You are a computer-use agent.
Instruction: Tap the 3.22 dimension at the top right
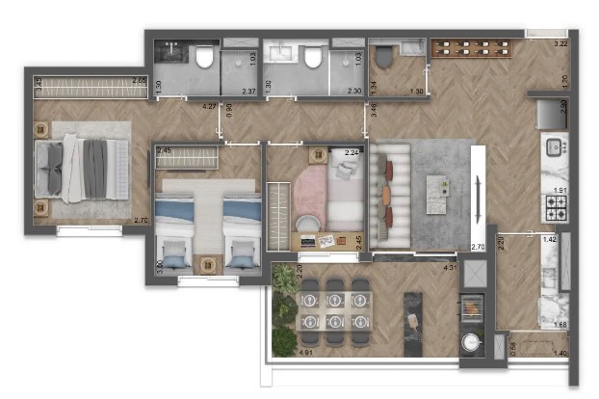[x=560, y=43]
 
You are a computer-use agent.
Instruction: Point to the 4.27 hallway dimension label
[x=208, y=105]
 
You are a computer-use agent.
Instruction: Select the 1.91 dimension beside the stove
[x=560, y=190]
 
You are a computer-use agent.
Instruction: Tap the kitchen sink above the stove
[x=557, y=148]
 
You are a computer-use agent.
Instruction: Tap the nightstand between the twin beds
[x=208, y=262]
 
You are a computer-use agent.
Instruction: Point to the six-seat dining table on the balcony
[x=335, y=312]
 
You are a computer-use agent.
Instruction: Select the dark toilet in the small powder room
[x=383, y=59]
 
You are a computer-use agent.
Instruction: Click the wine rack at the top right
[x=473, y=46]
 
